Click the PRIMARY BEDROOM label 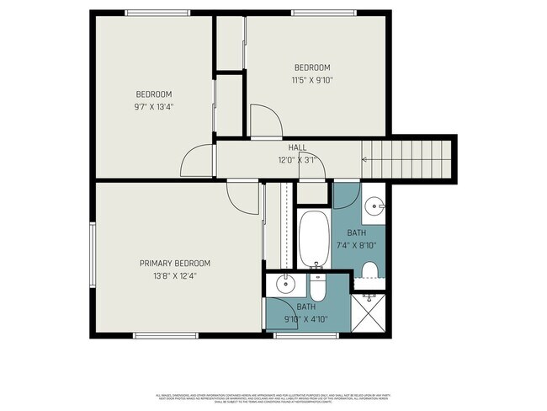[x=174, y=264]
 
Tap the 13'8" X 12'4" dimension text [x=174, y=276]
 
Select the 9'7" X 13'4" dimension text [x=154, y=107]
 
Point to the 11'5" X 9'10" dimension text [x=311, y=81]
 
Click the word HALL [x=297, y=147]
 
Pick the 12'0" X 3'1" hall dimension [x=297, y=159]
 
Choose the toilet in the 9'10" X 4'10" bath [x=318, y=289]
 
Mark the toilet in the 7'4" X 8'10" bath [x=369, y=270]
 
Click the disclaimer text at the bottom [x=273, y=398]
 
